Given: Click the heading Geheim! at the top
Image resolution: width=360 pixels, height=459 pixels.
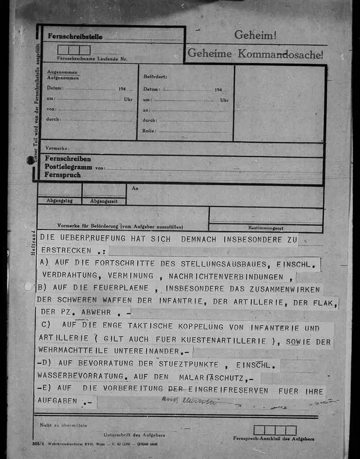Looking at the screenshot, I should click(x=255, y=36).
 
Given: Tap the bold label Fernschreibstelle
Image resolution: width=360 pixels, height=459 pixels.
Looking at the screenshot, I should click(x=75, y=36).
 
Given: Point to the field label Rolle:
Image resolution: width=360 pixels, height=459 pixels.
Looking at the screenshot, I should click(x=148, y=130).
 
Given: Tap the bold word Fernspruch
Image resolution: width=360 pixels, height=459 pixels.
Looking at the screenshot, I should click(x=63, y=174).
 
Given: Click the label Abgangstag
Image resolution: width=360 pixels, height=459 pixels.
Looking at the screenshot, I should click(x=60, y=201).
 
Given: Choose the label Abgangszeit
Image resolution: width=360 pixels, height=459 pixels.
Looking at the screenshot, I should click(x=104, y=201).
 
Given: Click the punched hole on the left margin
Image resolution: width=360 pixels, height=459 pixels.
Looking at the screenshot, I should click(x=30, y=161).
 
